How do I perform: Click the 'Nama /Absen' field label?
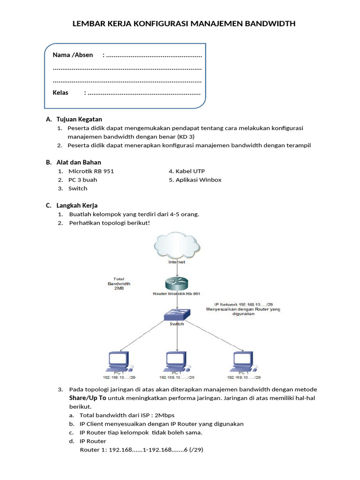pos(73,55)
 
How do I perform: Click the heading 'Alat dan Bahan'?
pos(78,163)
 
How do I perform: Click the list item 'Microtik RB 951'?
pos(91,171)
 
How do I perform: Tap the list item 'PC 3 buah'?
pos(82,180)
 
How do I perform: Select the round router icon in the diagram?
pos(176,283)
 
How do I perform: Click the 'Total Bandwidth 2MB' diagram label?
pos(119,284)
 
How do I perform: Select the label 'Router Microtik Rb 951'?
pos(177,294)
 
